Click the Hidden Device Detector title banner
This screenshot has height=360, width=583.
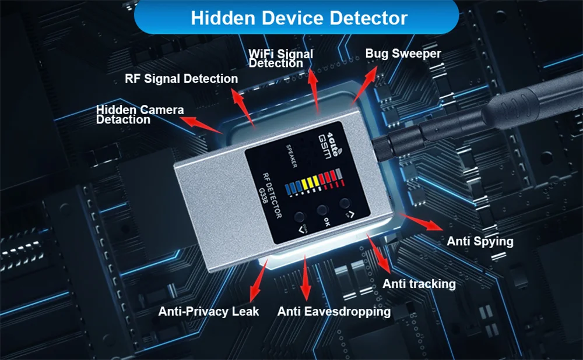299,17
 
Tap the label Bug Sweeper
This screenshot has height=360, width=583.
403,54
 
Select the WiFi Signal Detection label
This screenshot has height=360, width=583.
280,58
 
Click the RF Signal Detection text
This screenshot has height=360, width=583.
181,79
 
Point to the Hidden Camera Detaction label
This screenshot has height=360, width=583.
139,115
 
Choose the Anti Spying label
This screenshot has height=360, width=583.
480,241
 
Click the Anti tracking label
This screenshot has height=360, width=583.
419,284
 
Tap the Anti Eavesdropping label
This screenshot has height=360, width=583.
333,312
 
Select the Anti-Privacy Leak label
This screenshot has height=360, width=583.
209,312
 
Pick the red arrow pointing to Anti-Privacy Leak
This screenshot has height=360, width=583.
258,279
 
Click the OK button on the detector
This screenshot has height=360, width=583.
322,211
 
